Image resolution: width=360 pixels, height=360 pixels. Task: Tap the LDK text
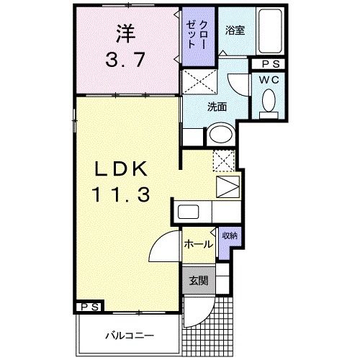(x=120, y=170)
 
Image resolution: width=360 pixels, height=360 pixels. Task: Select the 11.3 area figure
(x=120, y=194)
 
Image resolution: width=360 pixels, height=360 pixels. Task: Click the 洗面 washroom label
(x=217, y=107)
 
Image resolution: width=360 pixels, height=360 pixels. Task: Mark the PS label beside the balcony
(x=90, y=307)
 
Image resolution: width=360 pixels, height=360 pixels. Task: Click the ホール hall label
(x=198, y=244)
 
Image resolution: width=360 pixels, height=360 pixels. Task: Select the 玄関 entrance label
(x=199, y=281)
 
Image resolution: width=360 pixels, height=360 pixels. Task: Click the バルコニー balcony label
(x=127, y=335)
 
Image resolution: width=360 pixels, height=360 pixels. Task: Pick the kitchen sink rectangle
(x=189, y=213)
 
